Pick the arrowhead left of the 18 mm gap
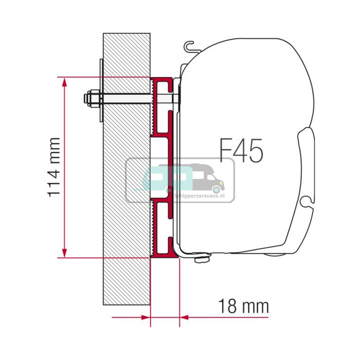[145, 318]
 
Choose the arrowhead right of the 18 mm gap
[184, 318]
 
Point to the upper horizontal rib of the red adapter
[162, 136]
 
